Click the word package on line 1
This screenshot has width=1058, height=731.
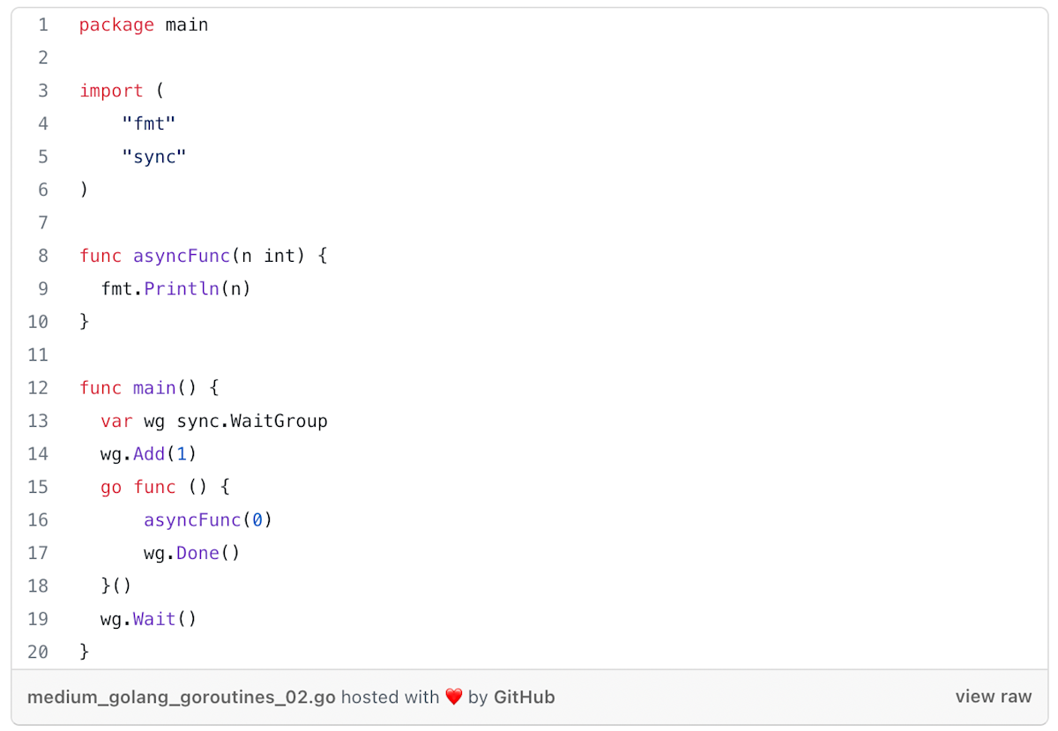116,25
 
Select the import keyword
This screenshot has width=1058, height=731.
111,91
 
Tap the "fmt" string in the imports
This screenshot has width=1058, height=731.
149,123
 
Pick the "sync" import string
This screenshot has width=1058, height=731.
154,157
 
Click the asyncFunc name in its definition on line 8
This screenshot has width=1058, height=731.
182,256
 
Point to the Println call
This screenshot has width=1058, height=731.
182,289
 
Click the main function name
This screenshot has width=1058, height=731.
154,388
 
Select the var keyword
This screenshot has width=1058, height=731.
116,421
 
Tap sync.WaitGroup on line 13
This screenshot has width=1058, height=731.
252,421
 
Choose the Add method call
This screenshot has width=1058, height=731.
149,454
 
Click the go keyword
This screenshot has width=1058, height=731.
111,487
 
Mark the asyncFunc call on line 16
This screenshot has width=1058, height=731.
192,520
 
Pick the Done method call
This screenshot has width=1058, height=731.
197,553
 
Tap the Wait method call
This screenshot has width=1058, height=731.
154,619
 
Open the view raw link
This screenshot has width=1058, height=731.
993,697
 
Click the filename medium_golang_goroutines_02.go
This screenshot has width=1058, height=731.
182,697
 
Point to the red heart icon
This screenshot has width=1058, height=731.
453,697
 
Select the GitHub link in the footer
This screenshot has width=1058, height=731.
524,697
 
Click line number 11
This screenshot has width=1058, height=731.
38,355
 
